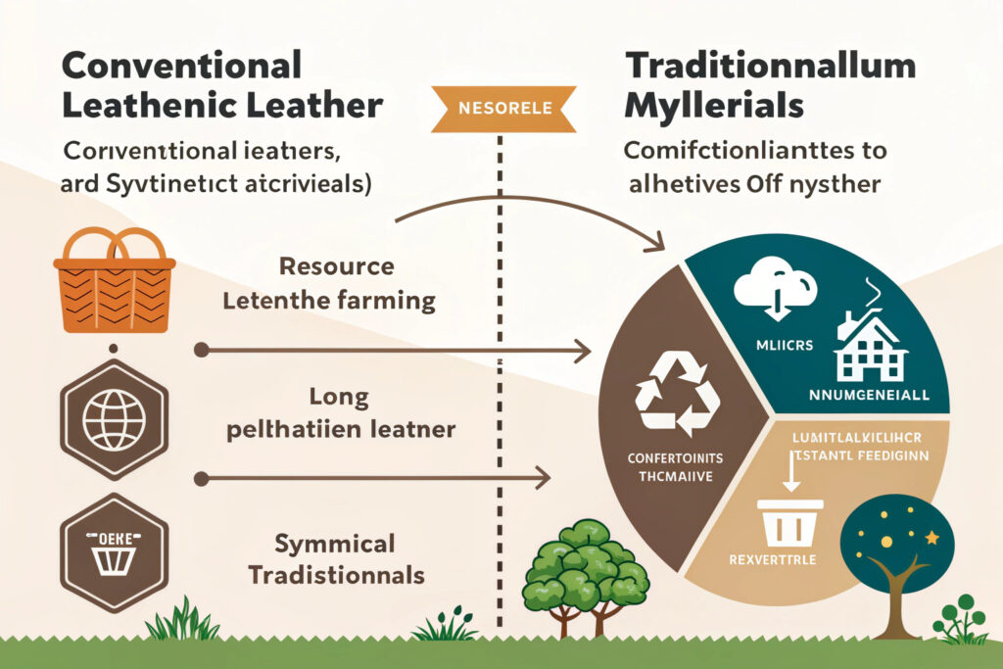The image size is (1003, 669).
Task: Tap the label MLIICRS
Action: tap(770, 345)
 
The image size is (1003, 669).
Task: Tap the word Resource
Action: tap(336, 266)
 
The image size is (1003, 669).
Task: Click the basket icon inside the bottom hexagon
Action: tap(114, 555)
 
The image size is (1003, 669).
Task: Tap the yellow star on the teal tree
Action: tap(931, 538)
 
